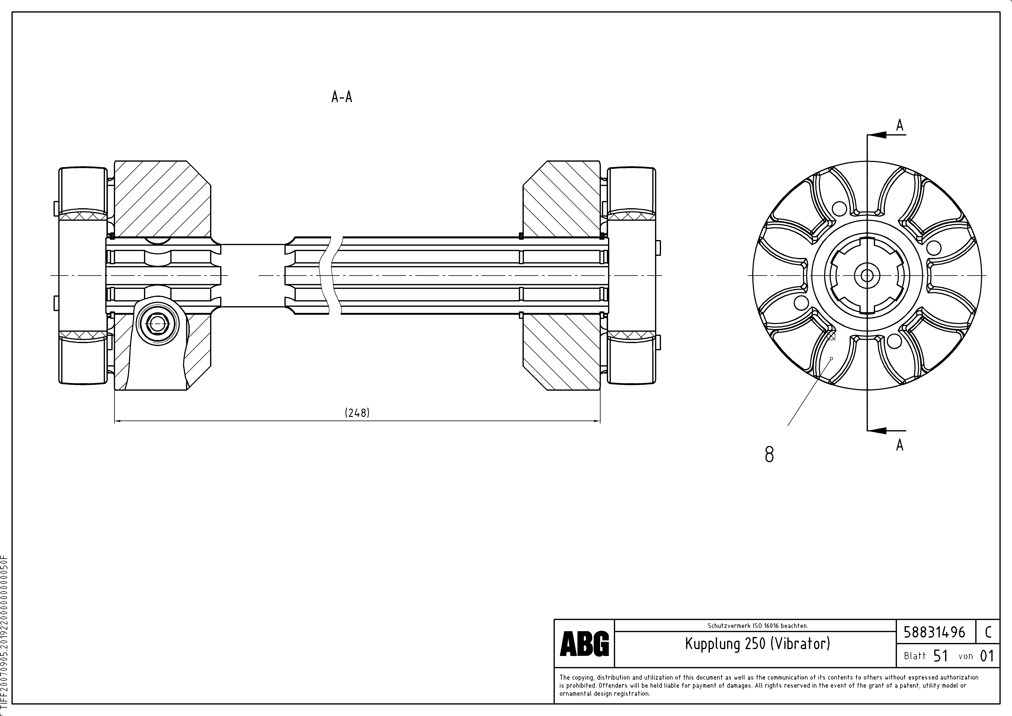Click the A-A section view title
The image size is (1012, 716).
click(x=342, y=97)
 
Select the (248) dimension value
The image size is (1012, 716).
click(x=357, y=413)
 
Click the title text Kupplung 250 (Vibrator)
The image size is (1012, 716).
click(x=757, y=644)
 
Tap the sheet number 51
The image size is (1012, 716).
click(x=941, y=656)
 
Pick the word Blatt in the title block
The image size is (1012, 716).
click(x=915, y=656)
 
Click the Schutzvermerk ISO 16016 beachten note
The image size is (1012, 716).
click(x=757, y=625)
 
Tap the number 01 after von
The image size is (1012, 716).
click(x=986, y=656)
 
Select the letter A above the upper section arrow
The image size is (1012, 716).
click(x=900, y=126)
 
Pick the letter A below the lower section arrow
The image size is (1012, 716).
click(x=900, y=445)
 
